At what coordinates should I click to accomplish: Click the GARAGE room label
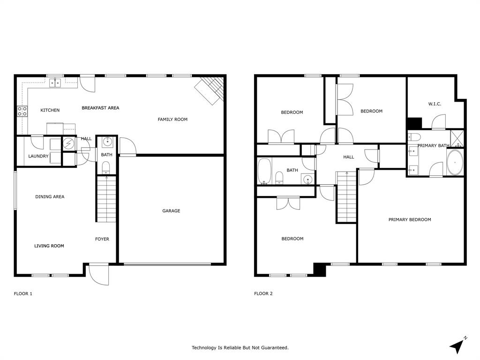(171, 211)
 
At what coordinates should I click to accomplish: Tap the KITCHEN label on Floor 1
(50, 110)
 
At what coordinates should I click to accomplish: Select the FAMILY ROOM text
(172, 120)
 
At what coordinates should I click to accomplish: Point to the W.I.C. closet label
(435, 104)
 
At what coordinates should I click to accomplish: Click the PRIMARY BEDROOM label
(410, 219)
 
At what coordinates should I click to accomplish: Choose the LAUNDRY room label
(38, 156)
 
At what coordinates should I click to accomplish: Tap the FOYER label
(102, 239)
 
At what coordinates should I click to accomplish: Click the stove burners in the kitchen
(22, 111)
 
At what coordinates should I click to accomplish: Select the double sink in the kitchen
(56, 83)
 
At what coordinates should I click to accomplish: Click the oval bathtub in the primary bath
(455, 163)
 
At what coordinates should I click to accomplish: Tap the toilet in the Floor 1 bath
(105, 167)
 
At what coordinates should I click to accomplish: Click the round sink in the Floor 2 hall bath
(307, 179)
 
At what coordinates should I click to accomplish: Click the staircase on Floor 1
(107, 199)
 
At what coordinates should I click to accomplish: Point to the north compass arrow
(457, 345)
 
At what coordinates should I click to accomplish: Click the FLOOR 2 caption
(263, 294)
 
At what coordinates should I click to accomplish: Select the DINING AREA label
(50, 197)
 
